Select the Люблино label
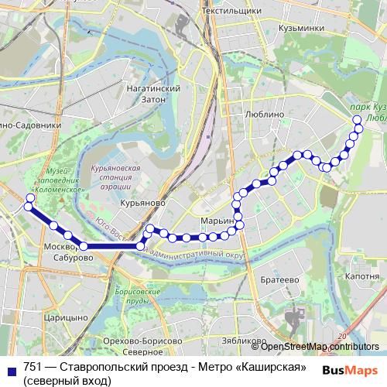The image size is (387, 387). (264, 113)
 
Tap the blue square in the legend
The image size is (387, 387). (8, 369)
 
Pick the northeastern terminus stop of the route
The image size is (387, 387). (358, 119)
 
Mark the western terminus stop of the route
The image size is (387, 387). (29, 199)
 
